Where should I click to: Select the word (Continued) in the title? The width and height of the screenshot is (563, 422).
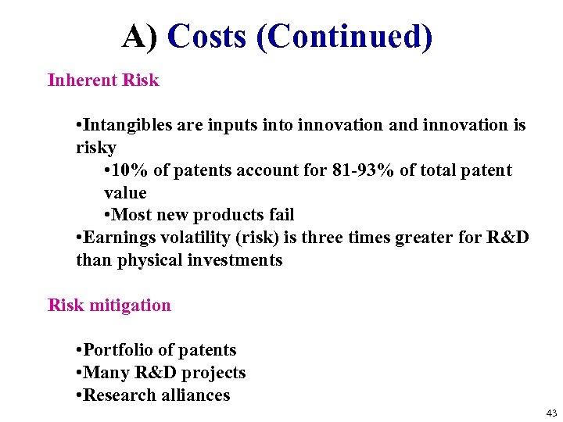pyautogui.click(x=344, y=37)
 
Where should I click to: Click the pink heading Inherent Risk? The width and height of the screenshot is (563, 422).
pyautogui.click(x=103, y=80)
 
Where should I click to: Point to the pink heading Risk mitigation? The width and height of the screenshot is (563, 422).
pyautogui.click(x=109, y=306)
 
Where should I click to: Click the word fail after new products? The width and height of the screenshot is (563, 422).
pyautogui.click(x=281, y=215)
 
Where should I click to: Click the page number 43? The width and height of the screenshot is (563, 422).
pyautogui.click(x=551, y=413)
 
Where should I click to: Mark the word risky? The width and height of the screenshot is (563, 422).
pyautogui.click(x=95, y=148)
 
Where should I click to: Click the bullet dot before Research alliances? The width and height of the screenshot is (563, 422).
pyautogui.click(x=79, y=395)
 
